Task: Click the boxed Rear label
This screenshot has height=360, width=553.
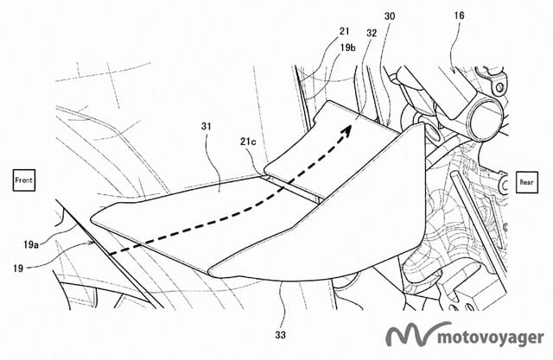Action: coord(526,181)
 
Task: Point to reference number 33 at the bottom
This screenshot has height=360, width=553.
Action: coord(283,328)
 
